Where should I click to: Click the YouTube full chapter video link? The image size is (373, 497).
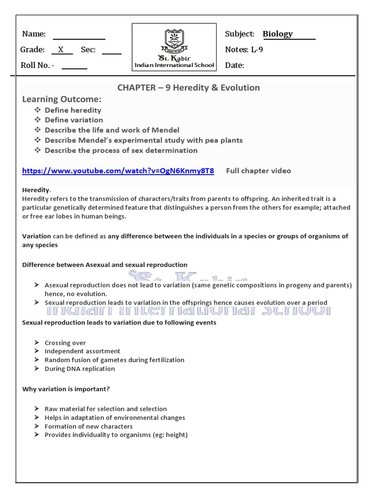(118, 171)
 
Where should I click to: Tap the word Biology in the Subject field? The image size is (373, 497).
(278, 34)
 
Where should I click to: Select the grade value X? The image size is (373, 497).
(61, 50)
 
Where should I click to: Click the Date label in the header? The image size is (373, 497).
(235, 66)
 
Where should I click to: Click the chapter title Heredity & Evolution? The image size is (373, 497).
(188, 88)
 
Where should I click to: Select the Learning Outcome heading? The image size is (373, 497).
(62, 99)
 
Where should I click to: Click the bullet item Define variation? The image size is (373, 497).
(74, 120)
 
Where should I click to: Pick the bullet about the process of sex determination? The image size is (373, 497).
(121, 150)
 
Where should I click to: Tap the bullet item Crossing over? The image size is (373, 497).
(65, 343)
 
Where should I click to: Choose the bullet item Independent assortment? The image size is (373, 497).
(83, 351)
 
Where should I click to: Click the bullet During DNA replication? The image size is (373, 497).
(80, 369)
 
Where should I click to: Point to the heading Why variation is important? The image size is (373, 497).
(66, 389)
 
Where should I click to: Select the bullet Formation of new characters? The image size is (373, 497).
(88, 427)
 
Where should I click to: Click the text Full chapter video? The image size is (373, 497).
(258, 171)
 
